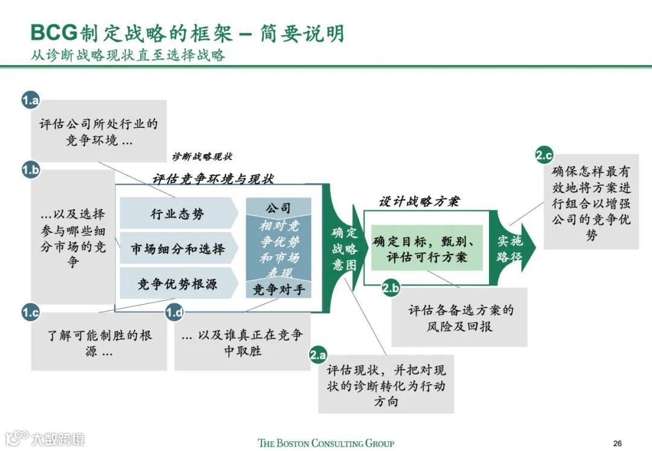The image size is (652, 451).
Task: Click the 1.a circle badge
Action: click(30, 100)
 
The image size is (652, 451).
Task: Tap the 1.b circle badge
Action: click(30, 170)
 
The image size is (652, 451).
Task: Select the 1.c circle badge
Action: click(30, 312)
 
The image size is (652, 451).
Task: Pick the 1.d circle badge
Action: click(174, 312)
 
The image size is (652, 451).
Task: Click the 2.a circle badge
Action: click(319, 355)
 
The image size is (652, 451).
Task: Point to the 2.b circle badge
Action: click(391, 288)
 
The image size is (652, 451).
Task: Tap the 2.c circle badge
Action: click(544, 156)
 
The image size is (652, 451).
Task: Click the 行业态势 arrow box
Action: click(177, 213)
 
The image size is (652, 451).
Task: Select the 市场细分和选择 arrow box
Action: click(177, 248)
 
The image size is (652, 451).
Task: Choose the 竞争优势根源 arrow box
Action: click(177, 283)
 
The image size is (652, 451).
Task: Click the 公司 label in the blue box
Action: click(278, 209)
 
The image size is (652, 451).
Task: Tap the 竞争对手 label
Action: click(278, 289)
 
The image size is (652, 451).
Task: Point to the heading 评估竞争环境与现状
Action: click(213, 179)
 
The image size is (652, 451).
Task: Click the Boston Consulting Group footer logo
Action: click(326, 443)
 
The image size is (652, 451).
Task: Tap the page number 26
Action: click(617, 443)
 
